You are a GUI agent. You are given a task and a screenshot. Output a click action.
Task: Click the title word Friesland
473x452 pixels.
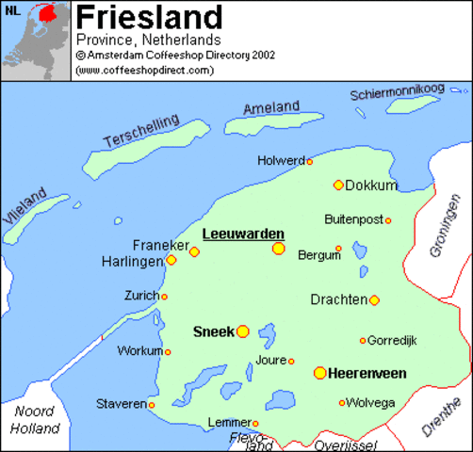149,17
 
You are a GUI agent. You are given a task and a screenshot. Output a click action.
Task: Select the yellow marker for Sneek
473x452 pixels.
243,331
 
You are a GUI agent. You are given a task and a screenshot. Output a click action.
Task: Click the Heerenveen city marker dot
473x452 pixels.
320,373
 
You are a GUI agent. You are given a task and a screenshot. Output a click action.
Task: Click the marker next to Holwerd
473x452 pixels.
309,162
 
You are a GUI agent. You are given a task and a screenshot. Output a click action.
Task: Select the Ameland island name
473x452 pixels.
271,108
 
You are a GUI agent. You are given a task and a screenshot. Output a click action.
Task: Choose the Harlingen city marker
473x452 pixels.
171,260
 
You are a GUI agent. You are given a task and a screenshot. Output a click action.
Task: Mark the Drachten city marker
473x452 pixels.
374,300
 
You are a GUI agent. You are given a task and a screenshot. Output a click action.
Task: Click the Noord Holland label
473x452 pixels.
35,420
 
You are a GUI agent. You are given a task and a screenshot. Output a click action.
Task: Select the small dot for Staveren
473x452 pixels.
151,405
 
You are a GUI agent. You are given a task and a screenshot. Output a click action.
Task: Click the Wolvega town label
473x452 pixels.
372,403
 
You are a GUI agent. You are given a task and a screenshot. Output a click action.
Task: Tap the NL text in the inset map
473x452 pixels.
11,11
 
